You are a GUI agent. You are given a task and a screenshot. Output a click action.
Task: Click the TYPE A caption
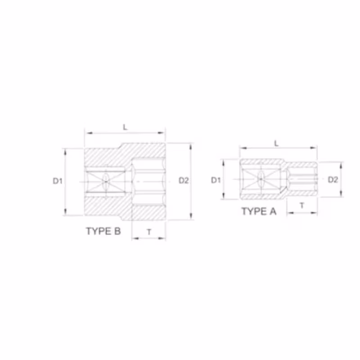258,211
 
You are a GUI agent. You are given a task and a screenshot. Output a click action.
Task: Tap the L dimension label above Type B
126,127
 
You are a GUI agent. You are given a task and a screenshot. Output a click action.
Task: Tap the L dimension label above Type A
277,143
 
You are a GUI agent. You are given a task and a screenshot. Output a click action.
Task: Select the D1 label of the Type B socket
57,181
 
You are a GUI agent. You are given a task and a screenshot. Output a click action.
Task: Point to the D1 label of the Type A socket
216,180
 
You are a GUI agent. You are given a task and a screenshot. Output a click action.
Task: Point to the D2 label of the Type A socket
333,180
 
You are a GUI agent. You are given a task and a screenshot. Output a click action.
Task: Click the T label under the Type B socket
149,232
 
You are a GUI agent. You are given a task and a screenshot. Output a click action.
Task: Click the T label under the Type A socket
302,205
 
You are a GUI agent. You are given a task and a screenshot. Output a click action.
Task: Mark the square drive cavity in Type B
105,182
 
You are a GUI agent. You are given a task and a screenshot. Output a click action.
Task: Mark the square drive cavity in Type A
261,179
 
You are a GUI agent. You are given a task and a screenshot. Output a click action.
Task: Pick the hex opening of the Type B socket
149,182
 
